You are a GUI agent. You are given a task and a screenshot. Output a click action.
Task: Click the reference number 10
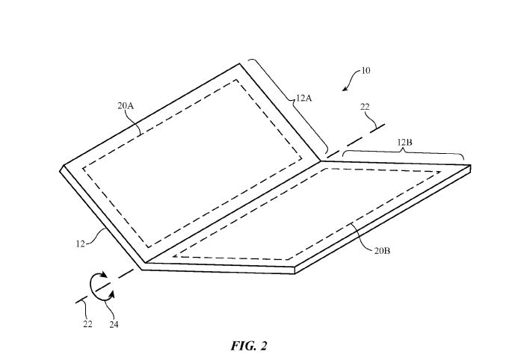(366, 71)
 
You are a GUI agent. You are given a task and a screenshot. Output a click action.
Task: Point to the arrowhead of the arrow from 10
(345, 88)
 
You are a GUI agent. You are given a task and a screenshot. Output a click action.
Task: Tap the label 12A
(304, 98)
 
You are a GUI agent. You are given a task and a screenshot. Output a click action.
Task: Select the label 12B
(404, 142)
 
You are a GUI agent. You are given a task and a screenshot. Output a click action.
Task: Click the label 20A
(126, 105)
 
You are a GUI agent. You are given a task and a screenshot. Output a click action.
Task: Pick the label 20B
(382, 251)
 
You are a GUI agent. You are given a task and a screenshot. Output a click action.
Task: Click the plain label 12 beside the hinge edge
(80, 243)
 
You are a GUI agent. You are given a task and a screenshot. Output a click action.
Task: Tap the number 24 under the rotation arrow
(114, 325)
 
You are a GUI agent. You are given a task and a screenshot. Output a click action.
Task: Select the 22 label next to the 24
(87, 324)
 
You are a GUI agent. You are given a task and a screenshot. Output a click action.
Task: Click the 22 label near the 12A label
(365, 107)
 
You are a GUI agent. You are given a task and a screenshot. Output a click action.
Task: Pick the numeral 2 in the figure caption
(263, 346)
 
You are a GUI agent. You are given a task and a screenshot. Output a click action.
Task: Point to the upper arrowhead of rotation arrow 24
(104, 275)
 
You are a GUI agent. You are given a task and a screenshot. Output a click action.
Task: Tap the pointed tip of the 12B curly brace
(404, 149)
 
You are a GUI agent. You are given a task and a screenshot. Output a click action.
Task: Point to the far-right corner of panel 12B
(470, 165)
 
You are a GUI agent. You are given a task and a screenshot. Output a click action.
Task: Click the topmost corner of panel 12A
(239, 63)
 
